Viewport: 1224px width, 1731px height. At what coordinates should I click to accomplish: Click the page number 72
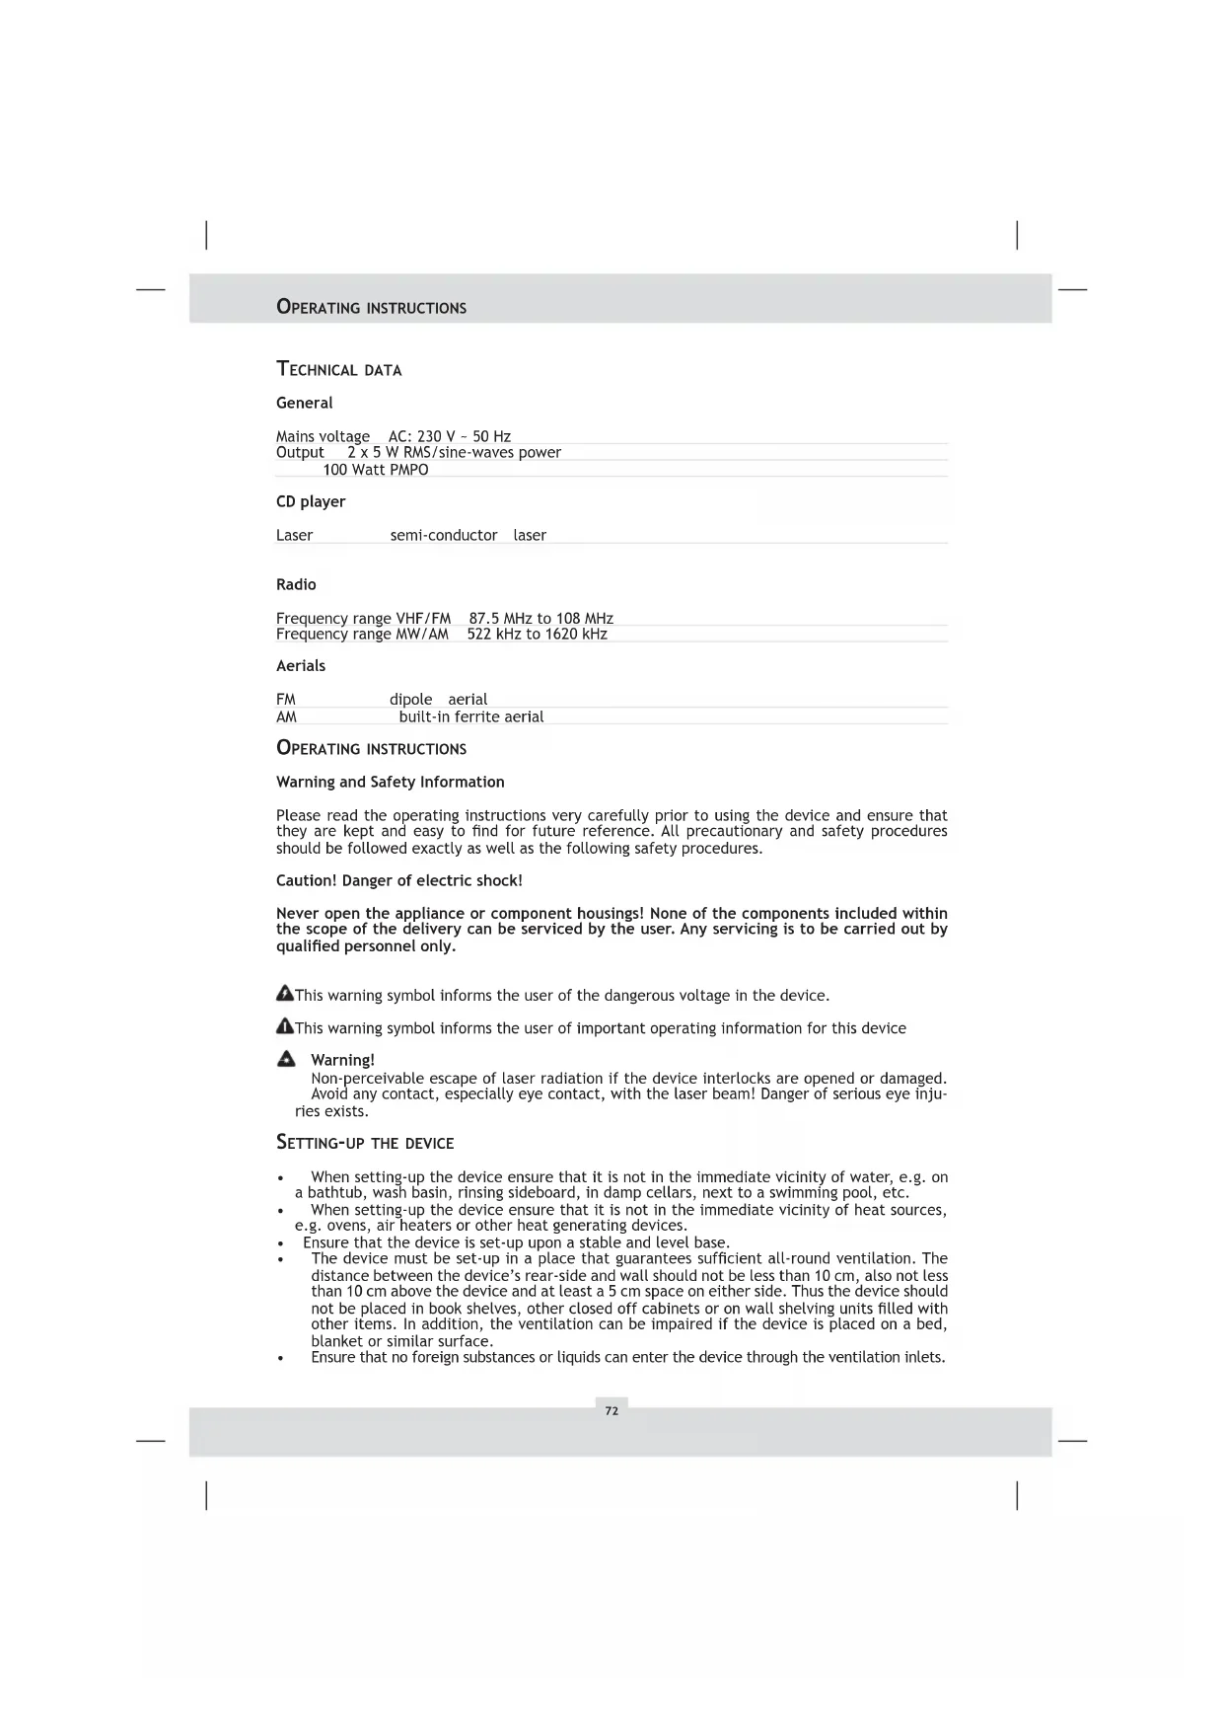[x=612, y=1411]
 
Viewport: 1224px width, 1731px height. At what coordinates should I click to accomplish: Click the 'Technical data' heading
[x=338, y=370]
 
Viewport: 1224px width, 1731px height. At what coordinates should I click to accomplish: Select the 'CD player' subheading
[x=311, y=501]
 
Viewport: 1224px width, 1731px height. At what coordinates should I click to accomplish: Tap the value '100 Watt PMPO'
[x=375, y=470]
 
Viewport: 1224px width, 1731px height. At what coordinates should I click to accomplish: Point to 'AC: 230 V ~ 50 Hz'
[x=449, y=436]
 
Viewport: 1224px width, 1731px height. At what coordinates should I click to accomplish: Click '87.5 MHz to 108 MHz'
[x=540, y=619]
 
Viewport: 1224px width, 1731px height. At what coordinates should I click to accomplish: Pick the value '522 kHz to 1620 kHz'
[x=537, y=635]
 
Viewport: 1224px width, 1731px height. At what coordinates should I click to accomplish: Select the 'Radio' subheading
[x=296, y=584]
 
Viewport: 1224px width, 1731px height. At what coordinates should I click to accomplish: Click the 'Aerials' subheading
[x=301, y=666]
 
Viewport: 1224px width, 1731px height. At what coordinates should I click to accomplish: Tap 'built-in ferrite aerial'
[x=470, y=717]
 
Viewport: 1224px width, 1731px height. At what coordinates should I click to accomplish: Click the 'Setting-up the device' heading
[x=365, y=1143]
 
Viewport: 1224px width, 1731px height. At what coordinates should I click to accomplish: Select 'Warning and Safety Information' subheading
[x=390, y=782]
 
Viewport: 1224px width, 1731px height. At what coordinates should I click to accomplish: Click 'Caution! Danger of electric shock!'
[x=398, y=880]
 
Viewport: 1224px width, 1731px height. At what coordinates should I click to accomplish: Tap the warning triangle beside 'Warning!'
[x=286, y=1060]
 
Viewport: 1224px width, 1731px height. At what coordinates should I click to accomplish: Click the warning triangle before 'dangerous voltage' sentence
[x=284, y=993]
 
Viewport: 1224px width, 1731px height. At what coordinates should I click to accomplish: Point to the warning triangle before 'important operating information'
[x=284, y=1026]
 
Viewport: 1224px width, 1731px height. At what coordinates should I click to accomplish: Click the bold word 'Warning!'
[x=342, y=1061]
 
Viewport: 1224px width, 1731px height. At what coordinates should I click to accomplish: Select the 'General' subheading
[x=304, y=403]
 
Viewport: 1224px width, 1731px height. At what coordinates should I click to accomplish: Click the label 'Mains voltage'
[x=323, y=436]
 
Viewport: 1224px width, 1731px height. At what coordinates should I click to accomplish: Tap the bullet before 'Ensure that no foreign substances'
[x=281, y=1359]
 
